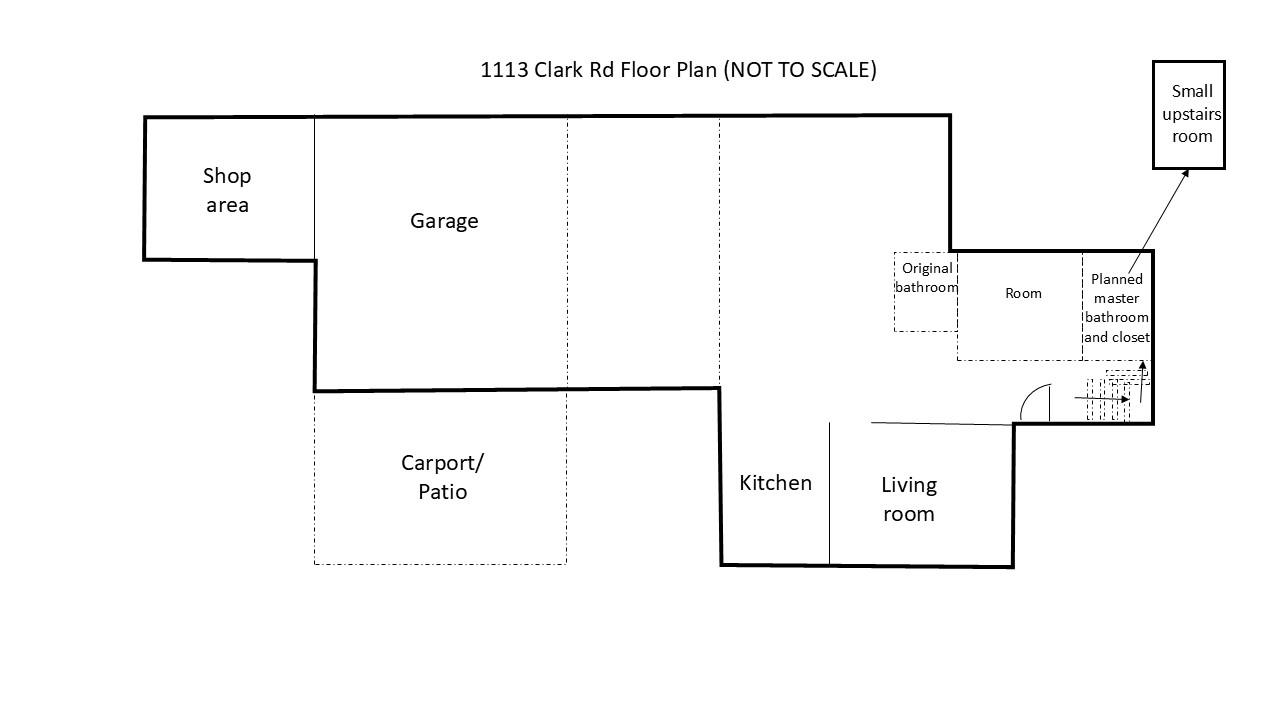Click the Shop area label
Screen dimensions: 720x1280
click(227, 190)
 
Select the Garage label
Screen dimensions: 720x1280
click(444, 221)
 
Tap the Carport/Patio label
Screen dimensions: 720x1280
click(442, 477)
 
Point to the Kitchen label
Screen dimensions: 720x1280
click(775, 483)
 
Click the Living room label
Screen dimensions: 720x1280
click(908, 499)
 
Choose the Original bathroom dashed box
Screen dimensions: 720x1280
click(925, 292)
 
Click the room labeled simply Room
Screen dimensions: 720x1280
click(1023, 293)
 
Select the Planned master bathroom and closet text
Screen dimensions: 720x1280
click(1117, 308)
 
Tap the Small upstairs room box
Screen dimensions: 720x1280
click(1189, 114)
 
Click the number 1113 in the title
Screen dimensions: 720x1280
click(504, 70)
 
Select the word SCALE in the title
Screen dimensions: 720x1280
click(838, 70)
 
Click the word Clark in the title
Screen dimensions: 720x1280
click(560, 70)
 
